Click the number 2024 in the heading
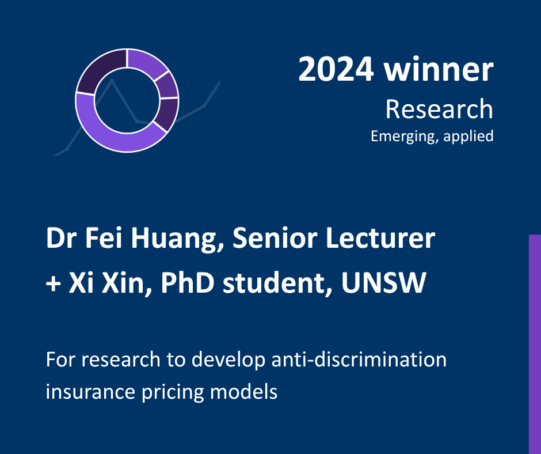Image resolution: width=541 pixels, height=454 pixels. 336,70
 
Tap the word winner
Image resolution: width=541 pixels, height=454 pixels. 439,69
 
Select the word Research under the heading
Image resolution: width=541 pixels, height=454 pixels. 439,109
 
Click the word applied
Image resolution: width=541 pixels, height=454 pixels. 468,136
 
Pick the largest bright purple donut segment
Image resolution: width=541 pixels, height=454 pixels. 114,131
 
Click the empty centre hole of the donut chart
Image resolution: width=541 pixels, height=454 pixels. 127,100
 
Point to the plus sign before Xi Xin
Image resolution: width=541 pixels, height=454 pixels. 53,284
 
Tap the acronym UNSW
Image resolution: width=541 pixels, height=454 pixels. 384,282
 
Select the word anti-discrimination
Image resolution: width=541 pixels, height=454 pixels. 359,359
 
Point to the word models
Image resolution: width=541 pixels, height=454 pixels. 243,391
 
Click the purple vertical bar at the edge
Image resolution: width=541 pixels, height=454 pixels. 535,345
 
